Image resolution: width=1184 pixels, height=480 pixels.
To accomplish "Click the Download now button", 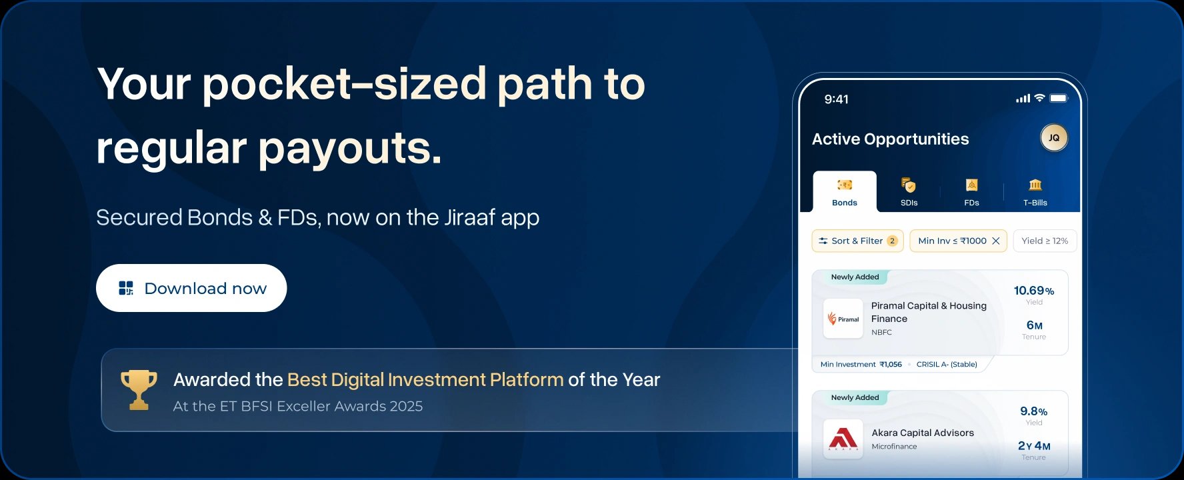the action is pyautogui.click(x=191, y=288).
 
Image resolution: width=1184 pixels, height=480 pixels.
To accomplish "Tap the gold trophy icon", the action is pyautogui.click(x=139, y=389).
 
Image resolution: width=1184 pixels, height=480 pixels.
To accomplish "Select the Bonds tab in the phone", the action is pyautogui.click(x=845, y=192).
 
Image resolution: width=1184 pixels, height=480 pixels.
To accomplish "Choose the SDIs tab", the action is pyautogui.click(x=909, y=192).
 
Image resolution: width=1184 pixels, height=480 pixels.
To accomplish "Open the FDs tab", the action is pyautogui.click(x=971, y=192).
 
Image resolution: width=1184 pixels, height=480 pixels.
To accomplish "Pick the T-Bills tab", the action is pyautogui.click(x=1035, y=192).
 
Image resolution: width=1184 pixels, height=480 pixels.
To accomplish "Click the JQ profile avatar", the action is pyautogui.click(x=1054, y=138).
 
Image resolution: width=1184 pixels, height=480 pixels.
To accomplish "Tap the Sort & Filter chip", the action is pyautogui.click(x=857, y=241).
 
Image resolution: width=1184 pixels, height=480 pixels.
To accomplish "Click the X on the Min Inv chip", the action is pyautogui.click(x=996, y=241).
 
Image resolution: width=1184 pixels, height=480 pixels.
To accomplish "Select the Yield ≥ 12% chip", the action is pyautogui.click(x=1045, y=241).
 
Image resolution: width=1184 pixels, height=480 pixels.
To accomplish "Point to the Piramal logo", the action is pyautogui.click(x=843, y=319).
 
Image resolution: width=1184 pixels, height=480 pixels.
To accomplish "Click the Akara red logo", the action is pyautogui.click(x=843, y=439).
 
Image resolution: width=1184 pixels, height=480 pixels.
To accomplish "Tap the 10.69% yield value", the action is pyautogui.click(x=1034, y=291).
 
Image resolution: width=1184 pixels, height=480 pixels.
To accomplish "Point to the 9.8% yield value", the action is pyautogui.click(x=1034, y=411).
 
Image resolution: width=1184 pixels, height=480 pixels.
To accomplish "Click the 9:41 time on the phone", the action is pyautogui.click(x=837, y=99).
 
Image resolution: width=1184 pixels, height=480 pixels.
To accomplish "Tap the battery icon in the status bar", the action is pyautogui.click(x=1059, y=98).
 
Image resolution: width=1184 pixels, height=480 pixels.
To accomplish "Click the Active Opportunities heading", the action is pyautogui.click(x=891, y=139).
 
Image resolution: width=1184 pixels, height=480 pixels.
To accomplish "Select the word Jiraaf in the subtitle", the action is pyautogui.click(x=470, y=217).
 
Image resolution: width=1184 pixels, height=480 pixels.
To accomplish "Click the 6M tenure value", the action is pyautogui.click(x=1035, y=325).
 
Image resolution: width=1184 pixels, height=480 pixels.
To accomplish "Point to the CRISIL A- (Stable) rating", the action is pyautogui.click(x=947, y=364).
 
